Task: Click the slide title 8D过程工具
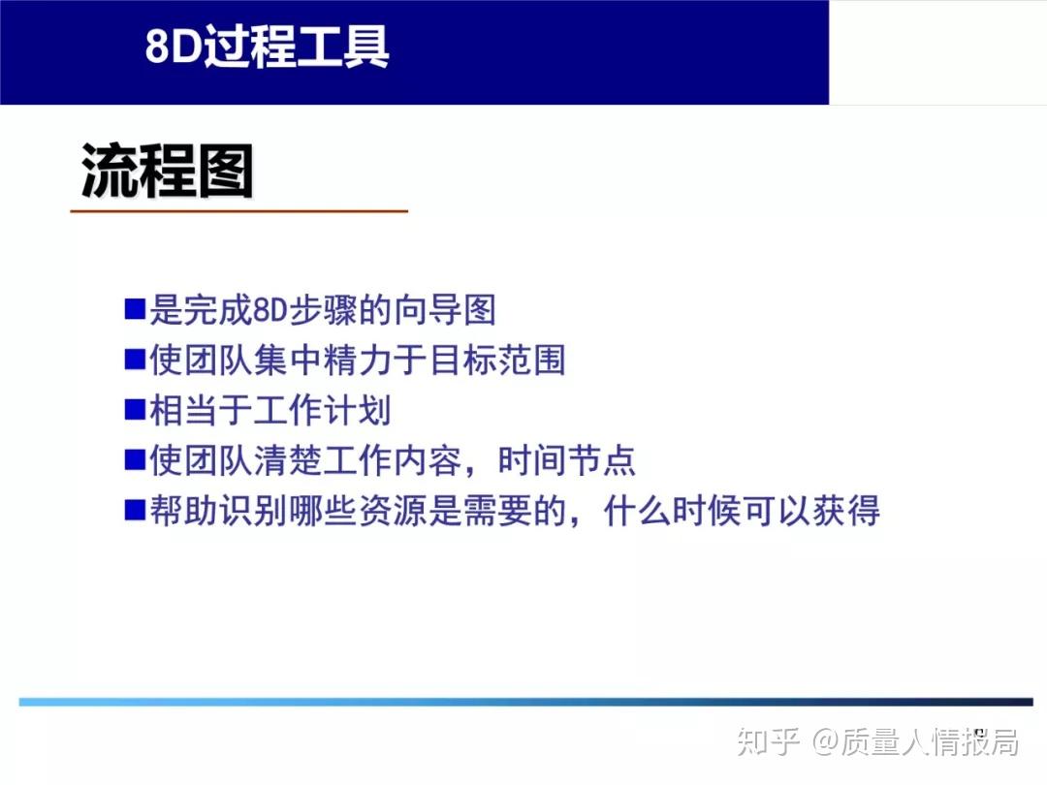click(x=268, y=46)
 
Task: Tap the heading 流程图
click(x=167, y=172)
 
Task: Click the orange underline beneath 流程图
click(x=238, y=210)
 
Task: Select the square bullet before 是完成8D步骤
click(x=135, y=310)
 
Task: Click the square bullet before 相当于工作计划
click(x=135, y=410)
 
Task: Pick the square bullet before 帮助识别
click(x=135, y=510)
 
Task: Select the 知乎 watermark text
click(x=768, y=741)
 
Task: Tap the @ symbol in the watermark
click(x=825, y=742)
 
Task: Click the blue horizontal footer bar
click(x=523, y=701)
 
